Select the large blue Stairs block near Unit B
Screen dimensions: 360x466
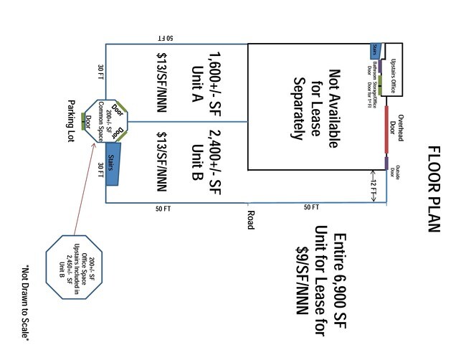point(111,166)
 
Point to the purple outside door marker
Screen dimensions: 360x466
point(386,164)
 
